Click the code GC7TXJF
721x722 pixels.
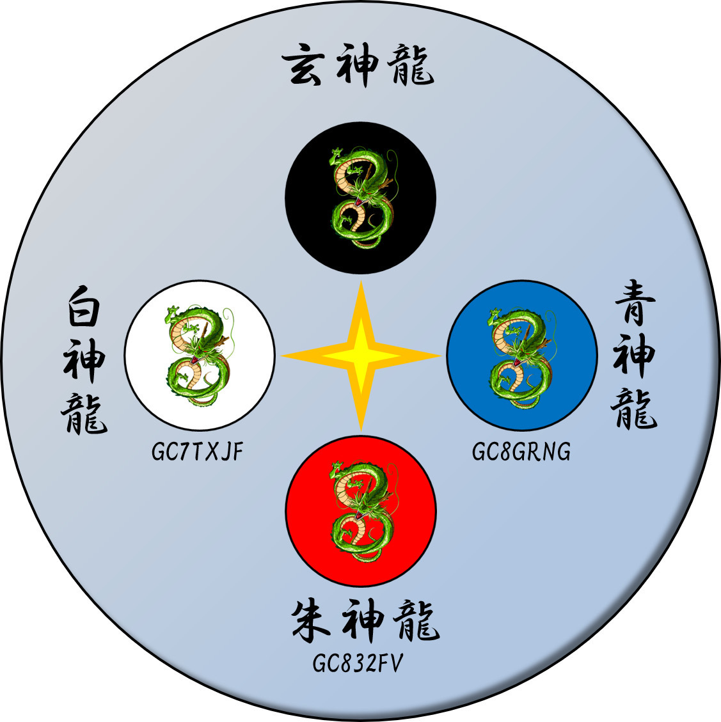coord(198,453)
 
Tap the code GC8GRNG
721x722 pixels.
coord(521,452)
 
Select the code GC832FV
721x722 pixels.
coord(358,664)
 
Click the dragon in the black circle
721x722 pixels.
coord(360,198)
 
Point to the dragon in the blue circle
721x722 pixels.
coord(521,357)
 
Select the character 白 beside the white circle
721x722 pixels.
coord(84,311)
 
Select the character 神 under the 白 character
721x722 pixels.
coord(84,361)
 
